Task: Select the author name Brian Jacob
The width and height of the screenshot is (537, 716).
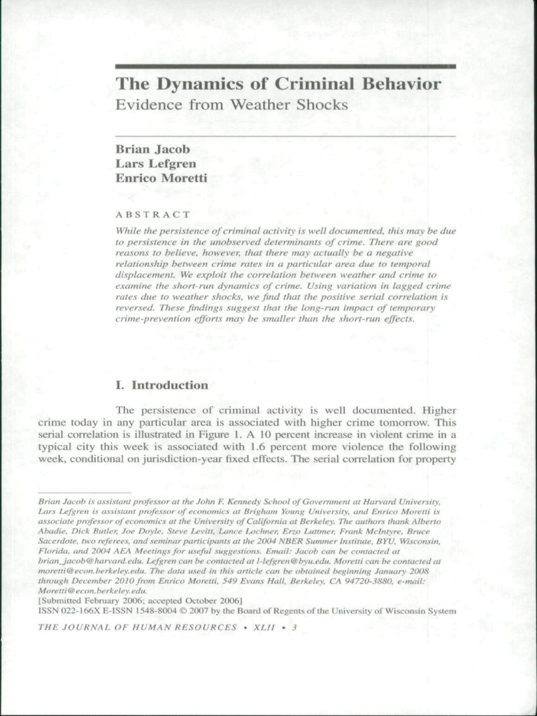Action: pos(152,149)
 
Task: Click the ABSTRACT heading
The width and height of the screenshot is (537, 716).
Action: pos(152,214)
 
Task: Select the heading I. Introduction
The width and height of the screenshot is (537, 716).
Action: pos(161,385)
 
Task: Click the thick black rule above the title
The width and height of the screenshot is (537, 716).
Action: pos(285,66)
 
